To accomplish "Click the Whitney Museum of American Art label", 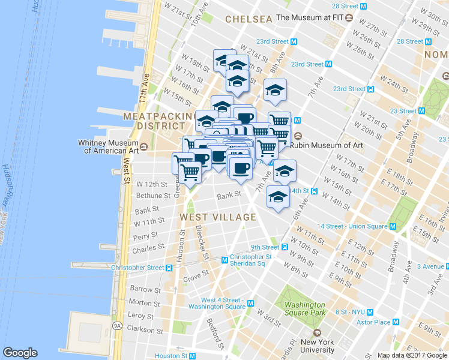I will (x=108, y=146).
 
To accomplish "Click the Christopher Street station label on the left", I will (x=137, y=268).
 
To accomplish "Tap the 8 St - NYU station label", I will (x=351, y=312).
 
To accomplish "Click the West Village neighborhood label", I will (x=218, y=217).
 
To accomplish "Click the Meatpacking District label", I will (x=154, y=121).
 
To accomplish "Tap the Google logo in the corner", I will (x=20, y=353).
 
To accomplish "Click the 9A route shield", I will (x=118, y=326).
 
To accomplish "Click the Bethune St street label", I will (x=154, y=196).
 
